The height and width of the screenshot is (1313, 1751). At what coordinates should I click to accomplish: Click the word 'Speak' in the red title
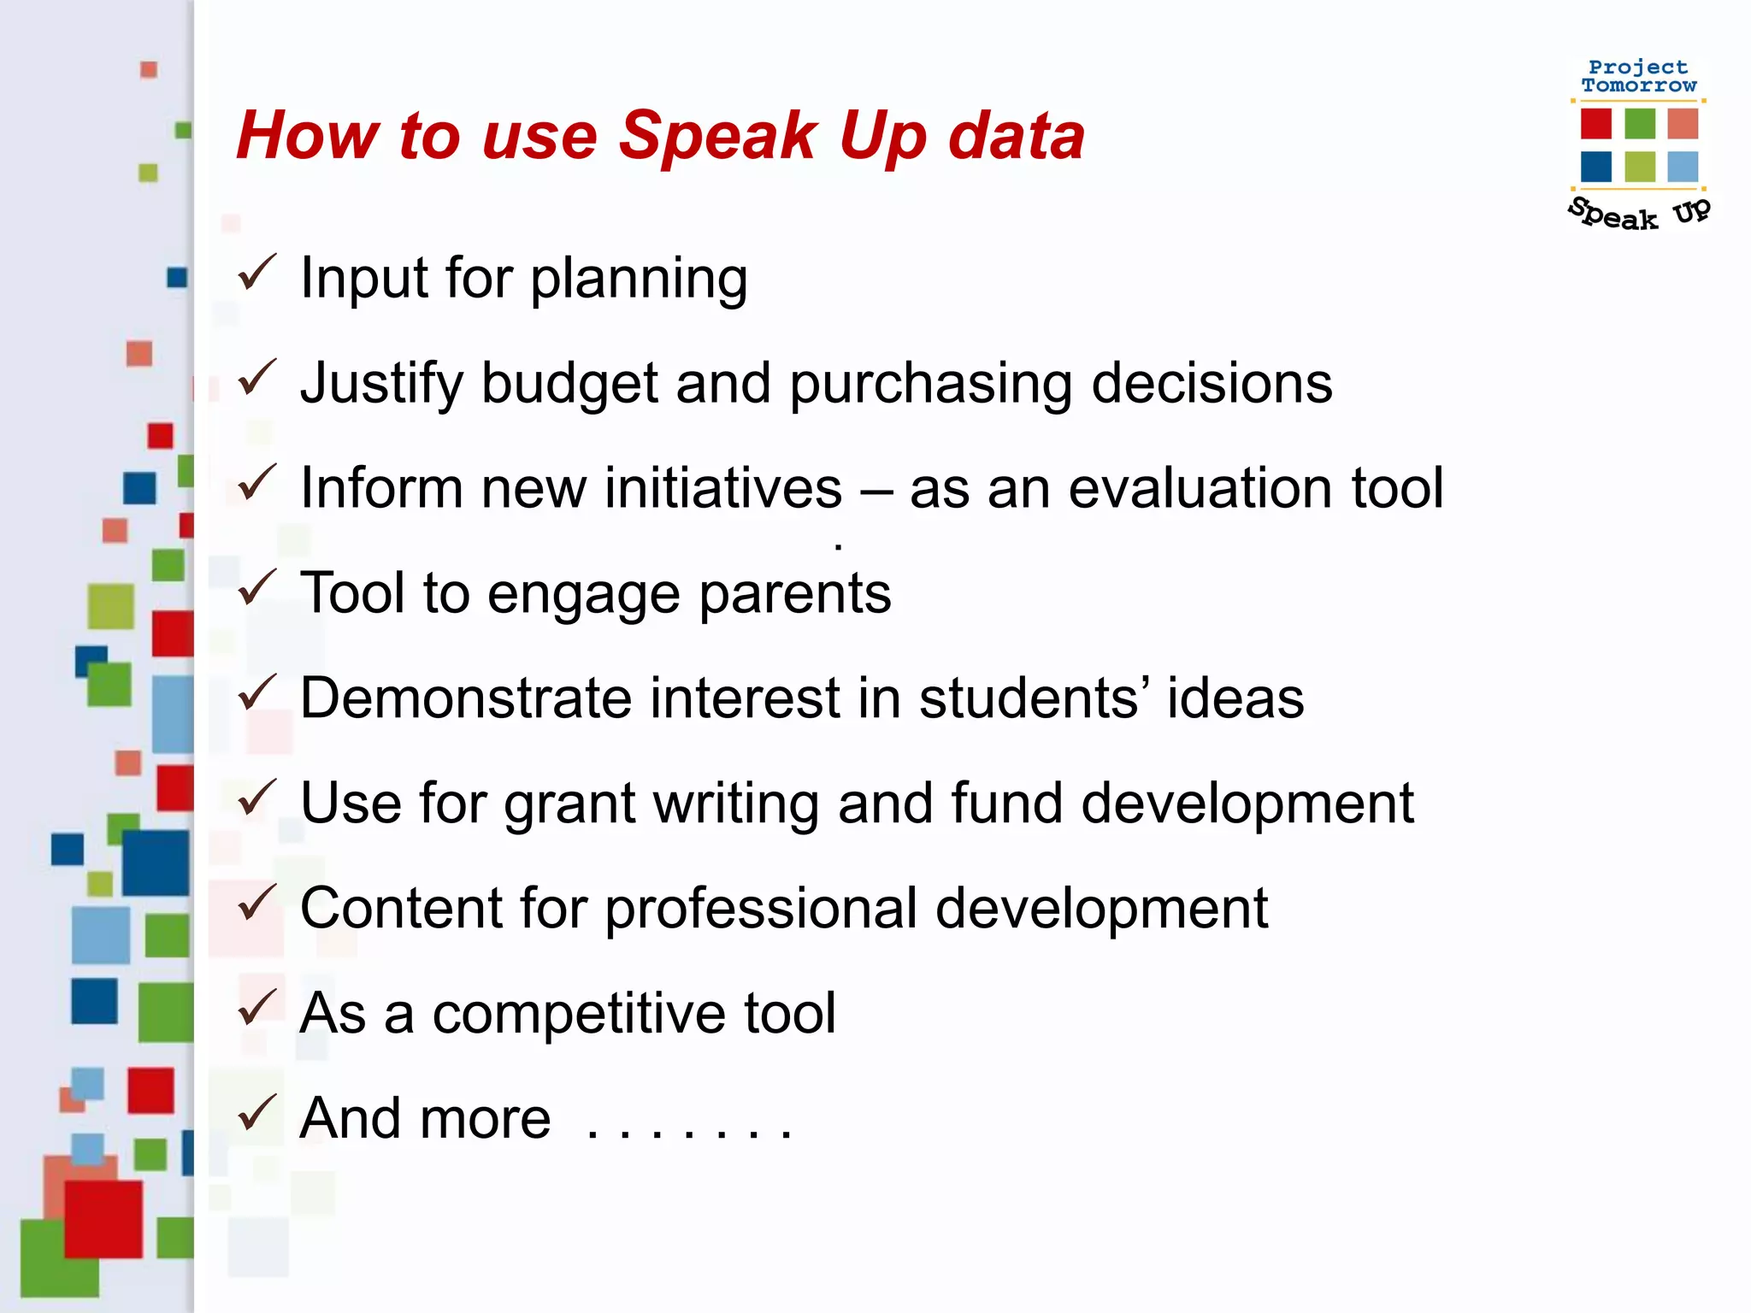[717, 137]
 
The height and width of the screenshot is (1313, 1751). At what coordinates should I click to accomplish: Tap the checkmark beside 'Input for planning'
[256, 273]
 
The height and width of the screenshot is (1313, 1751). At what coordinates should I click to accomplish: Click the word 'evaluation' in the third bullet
[1200, 488]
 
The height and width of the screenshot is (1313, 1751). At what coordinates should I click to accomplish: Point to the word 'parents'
[795, 593]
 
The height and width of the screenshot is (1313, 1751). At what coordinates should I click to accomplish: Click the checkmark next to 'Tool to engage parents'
[256, 588]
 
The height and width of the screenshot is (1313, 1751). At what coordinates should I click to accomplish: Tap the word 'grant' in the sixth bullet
[569, 804]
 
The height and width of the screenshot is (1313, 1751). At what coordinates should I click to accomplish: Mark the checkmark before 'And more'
[256, 1113]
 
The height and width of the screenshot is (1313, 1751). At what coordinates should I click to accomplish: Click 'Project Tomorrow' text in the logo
[1638, 76]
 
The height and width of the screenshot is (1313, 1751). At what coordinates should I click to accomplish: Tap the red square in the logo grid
[1595, 123]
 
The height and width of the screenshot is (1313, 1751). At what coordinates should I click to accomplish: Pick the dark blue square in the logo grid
[1595, 167]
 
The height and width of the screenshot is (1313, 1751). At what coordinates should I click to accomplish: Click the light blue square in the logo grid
[1682, 167]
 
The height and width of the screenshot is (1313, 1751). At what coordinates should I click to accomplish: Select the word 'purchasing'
[931, 385]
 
